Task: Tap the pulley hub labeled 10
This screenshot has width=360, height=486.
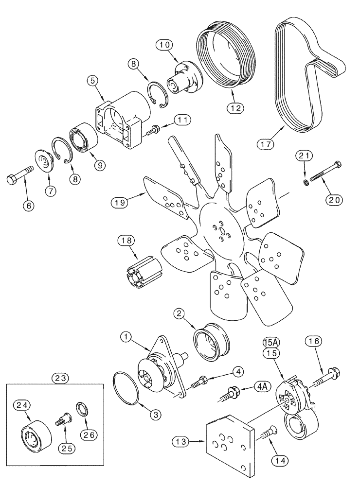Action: point(185,80)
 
